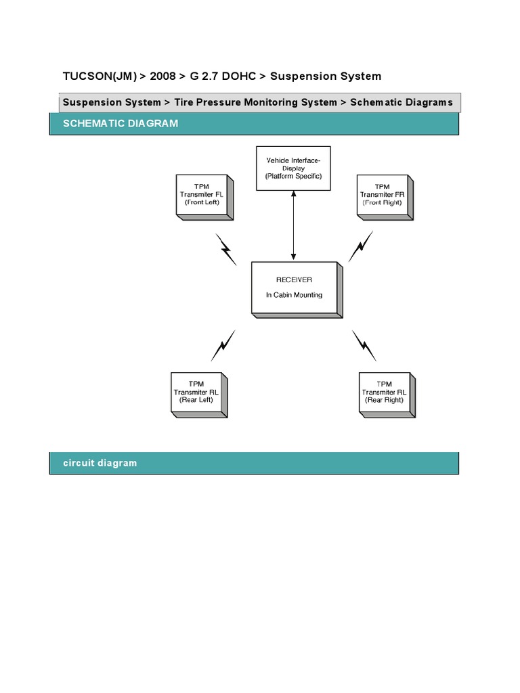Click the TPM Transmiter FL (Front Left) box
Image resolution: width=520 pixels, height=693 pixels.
(204, 197)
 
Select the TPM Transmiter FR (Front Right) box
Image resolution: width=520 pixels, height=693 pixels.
(385, 197)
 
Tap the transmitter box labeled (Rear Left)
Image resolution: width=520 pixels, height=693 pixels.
(200, 395)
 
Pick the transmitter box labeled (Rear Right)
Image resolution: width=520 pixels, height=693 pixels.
(387, 395)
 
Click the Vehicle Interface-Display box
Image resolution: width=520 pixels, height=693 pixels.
(293, 169)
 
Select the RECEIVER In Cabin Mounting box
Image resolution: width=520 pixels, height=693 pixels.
(297, 290)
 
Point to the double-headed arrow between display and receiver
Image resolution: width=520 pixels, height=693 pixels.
(293, 225)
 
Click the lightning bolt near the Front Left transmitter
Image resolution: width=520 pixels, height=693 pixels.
(226, 249)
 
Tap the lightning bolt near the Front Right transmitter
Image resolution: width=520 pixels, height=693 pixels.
(360, 246)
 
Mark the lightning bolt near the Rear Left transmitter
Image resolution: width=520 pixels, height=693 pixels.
(223, 345)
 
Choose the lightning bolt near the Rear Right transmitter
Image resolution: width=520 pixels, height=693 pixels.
(364, 346)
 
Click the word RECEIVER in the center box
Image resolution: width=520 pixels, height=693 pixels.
(294, 280)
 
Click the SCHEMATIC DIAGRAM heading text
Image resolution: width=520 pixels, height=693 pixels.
(121, 123)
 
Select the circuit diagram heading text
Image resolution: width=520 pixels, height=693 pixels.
(100, 463)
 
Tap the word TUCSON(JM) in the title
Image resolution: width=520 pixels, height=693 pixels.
(100, 76)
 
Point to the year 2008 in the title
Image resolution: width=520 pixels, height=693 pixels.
(162, 76)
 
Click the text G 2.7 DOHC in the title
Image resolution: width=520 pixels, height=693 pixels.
(223, 76)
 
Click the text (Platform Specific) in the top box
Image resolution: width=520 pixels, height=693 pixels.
(293, 176)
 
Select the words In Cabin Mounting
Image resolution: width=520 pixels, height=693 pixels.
(294, 295)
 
